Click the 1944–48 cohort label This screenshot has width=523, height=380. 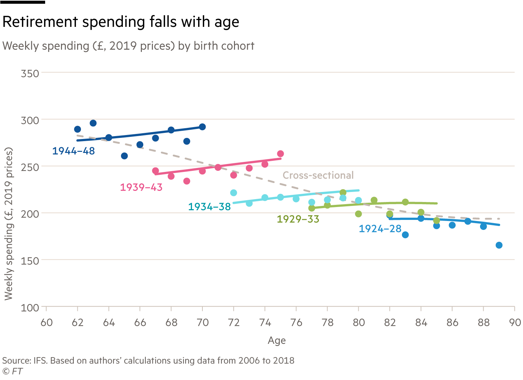coord(73,151)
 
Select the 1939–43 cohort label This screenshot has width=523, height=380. coord(141,187)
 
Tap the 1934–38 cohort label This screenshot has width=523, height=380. coord(209,207)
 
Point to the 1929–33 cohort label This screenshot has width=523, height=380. coord(298,219)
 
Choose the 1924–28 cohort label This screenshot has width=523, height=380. coord(380,229)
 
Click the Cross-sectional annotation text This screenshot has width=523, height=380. coord(318,175)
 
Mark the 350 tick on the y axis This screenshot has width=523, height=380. coord(30,73)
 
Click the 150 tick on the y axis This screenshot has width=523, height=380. coord(30,261)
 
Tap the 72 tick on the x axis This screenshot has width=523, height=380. coord(234,323)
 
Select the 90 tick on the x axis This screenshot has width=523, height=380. coord(515,323)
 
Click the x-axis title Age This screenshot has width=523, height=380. coord(277,341)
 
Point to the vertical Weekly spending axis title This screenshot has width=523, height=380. coord(9,224)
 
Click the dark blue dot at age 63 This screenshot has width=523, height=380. coord(93,123)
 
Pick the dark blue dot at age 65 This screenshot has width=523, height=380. coord(124,156)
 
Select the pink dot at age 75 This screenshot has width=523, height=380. coord(280,154)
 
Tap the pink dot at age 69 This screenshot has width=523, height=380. coord(187,181)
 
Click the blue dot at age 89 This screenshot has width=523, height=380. coord(499,245)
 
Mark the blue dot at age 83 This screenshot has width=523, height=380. coord(405,235)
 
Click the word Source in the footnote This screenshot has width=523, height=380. coord(16,361)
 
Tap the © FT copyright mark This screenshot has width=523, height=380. coord(13,371)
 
